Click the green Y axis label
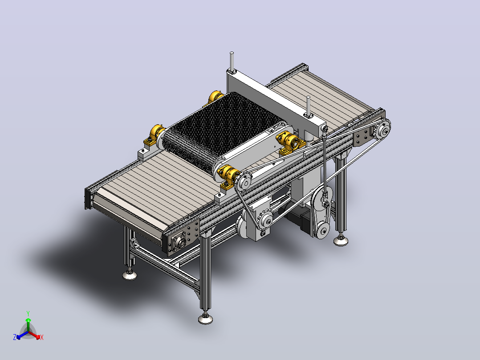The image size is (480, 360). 28,313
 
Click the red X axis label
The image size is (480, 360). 42,337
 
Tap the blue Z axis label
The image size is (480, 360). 15,337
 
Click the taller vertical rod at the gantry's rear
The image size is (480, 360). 232,62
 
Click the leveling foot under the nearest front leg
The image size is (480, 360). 205,318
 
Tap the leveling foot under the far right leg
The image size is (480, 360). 341,240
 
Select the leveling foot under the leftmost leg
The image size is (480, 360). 130,274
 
